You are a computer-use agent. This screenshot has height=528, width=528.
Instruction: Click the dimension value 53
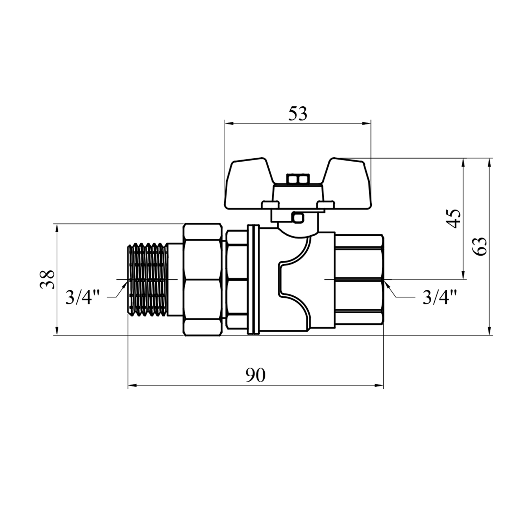click(x=298, y=114)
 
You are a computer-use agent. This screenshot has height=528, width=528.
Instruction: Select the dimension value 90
click(x=255, y=376)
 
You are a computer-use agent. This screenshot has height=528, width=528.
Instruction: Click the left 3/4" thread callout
click(x=83, y=298)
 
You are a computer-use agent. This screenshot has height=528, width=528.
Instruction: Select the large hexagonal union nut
click(x=203, y=279)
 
